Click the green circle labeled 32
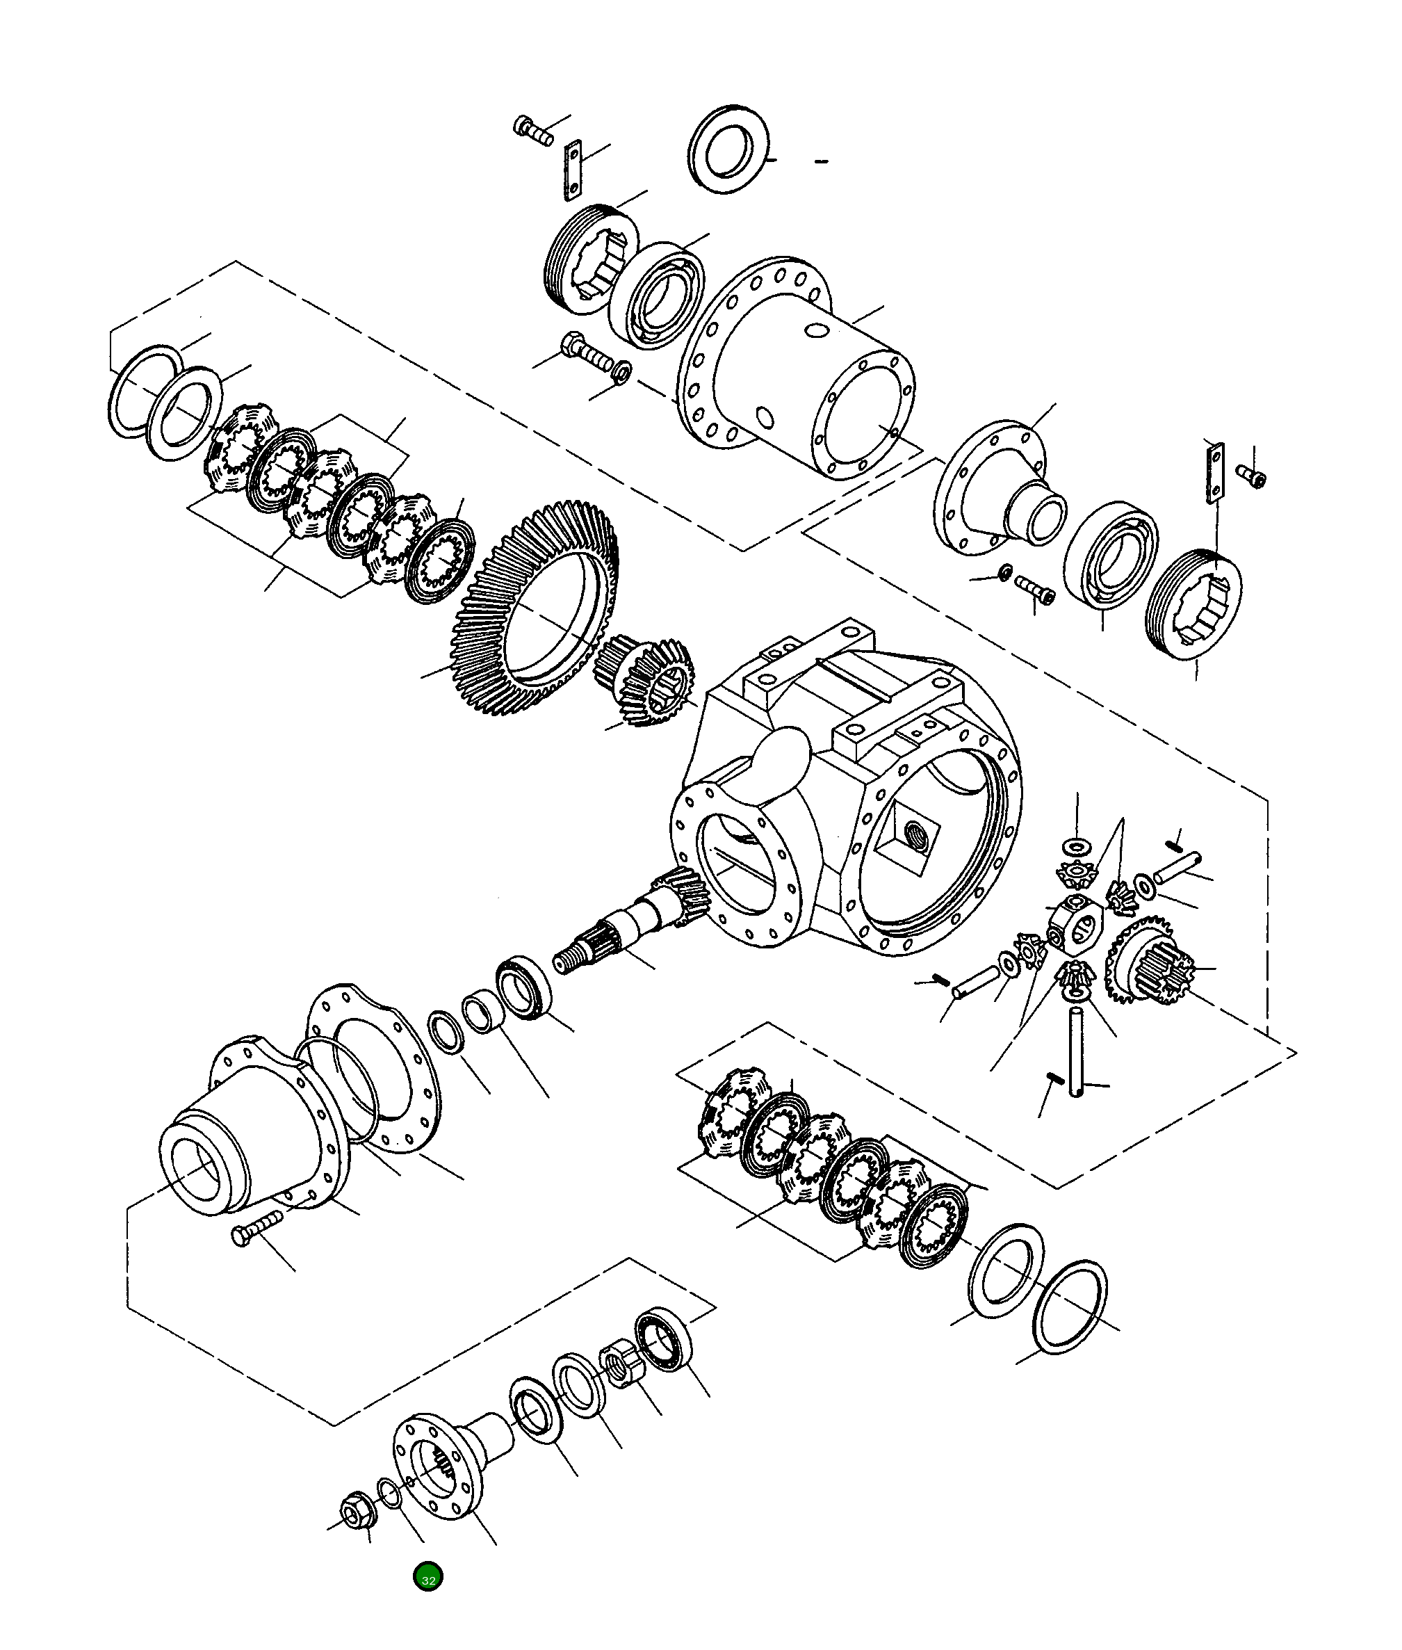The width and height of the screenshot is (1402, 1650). pyautogui.click(x=427, y=1576)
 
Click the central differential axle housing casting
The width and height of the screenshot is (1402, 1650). pyautogui.click(x=842, y=803)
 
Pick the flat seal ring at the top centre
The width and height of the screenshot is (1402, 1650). pyautogui.click(x=727, y=149)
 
